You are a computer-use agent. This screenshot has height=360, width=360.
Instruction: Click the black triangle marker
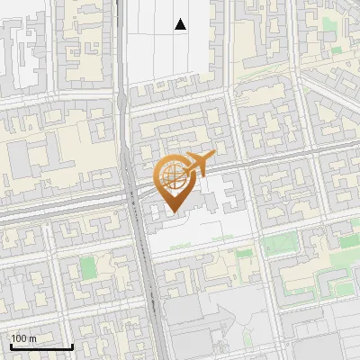[181, 24]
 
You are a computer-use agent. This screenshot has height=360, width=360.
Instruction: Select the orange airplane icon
[197, 164]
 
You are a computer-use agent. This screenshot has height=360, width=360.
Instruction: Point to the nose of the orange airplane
[212, 157]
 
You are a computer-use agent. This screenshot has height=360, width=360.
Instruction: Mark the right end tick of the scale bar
[72, 346]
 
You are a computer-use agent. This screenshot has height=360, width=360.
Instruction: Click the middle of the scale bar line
[40, 347]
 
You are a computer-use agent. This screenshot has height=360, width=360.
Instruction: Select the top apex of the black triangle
[181, 19]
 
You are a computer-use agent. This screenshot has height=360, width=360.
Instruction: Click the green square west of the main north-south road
[87, 267]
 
